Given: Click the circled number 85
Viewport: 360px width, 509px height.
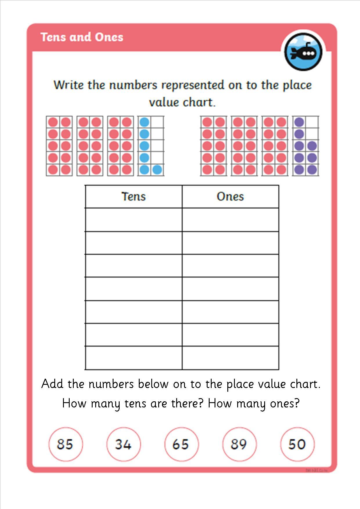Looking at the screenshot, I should point(65,444).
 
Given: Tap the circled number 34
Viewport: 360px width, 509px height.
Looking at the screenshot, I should point(123,444).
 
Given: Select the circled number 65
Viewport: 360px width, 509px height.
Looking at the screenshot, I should point(181,444).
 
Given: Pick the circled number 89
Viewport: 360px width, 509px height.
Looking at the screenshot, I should point(239,444).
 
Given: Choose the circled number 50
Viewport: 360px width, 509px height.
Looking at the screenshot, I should point(297,444).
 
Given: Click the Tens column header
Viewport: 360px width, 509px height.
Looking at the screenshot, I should point(134,196).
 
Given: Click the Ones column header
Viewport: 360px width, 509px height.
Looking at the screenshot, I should point(230,196).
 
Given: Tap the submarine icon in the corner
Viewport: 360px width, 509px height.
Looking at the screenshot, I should point(303,52).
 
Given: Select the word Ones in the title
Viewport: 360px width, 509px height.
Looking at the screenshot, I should point(109,37).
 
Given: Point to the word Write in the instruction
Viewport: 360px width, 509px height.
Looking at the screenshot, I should point(69,85).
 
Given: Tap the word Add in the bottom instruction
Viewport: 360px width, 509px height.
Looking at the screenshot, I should point(52,384).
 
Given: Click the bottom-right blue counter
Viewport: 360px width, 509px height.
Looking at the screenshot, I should point(157,170).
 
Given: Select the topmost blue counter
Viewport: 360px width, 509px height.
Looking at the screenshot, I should point(144,122).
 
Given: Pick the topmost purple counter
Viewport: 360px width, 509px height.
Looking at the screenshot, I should point(299,122).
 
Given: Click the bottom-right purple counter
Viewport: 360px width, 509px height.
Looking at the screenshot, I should point(312,170).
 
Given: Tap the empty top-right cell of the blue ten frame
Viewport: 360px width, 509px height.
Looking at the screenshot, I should point(157,122).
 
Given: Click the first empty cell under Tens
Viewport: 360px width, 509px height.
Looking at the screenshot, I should point(134,220).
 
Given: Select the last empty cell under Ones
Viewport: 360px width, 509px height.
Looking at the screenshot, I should point(230,358).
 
